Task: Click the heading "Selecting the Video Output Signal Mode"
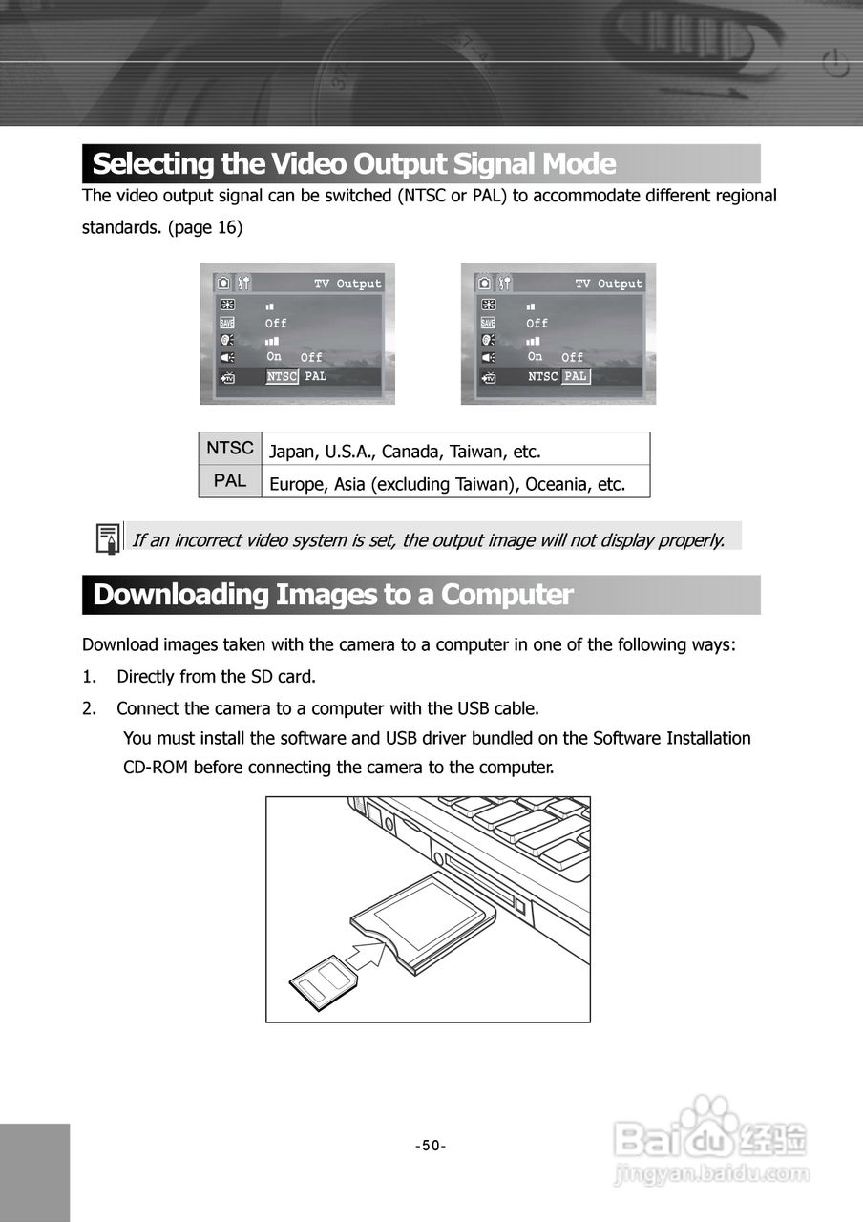point(353,164)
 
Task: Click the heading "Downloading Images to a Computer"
point(332,595)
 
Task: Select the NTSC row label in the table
point(230,448)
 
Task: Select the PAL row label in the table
point(230,481)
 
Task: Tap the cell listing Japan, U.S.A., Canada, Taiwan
point(405,451)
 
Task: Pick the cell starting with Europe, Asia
point(447,484)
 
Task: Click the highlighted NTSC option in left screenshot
point(282,377)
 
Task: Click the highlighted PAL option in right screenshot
point(575,377)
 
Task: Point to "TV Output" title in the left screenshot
point(347,284)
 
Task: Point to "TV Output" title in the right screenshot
point(608,284)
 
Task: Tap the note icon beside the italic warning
point(108,538)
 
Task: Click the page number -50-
point(431,1146)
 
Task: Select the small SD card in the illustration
point(321,980)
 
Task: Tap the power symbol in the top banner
point(834,66)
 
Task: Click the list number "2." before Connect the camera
point(89,708)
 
